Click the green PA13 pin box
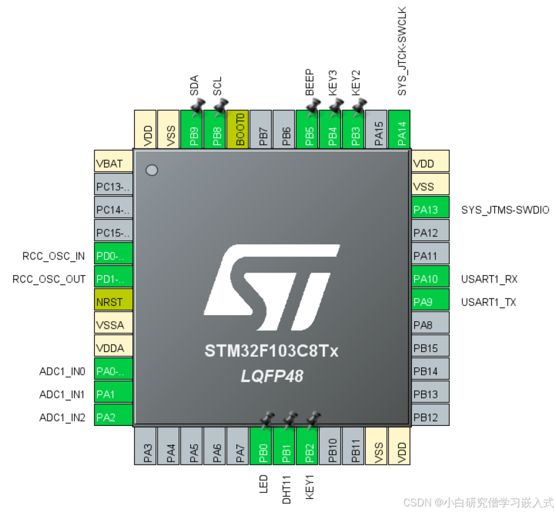(x=430, y=210)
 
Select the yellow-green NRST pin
(x=113, y=302)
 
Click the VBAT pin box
(x=113, y=164)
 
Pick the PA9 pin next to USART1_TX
(x=430, y=302)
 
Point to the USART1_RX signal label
(x=489, y=279)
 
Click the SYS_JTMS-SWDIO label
(x=505, y=210)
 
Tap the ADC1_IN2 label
(x=62, y=418)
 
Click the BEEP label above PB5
(x=310, y=82)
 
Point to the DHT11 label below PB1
(x=286, y=489)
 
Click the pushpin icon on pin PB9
(x=197, y=108)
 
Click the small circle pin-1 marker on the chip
(x=152, y=170)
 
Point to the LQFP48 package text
(x=272, y=376)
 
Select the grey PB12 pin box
(x=430, y=418)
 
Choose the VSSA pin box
(x=113, y=326)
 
